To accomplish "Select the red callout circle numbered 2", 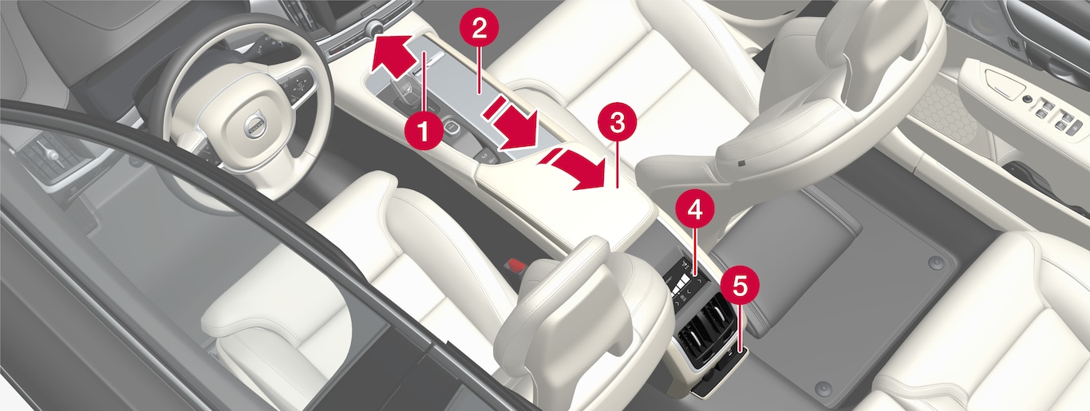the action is (480, 30).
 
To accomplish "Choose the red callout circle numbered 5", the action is (740, 287).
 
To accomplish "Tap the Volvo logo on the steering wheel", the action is (255, 126).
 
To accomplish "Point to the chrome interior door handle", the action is (1003, 82).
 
